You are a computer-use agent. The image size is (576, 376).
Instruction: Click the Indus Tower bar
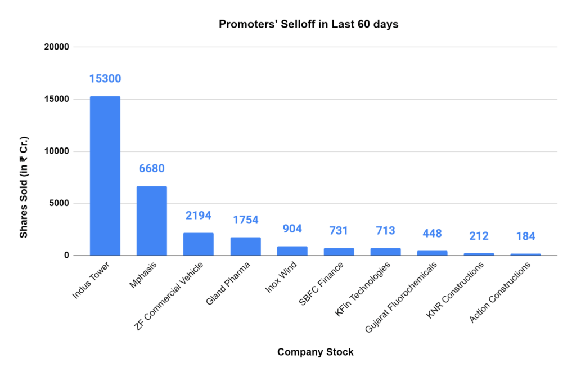[x=105, y=176]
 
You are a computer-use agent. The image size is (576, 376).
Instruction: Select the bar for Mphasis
[x=151, y=221]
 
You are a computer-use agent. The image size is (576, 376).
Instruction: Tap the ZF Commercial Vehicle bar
[x=198, y=244]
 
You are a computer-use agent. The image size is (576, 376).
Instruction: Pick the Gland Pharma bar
[x=245, y=246]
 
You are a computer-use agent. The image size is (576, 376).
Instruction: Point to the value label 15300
[x=105, y=79]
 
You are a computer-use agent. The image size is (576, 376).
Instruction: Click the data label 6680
[x=151, y=169]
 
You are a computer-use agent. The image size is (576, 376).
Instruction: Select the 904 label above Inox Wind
[x=292, y=229]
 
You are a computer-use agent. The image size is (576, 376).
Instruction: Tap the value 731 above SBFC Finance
[x=339, y=231]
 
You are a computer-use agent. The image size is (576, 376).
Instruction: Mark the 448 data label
[x=432, y=234]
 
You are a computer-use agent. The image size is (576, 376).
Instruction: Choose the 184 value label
[x=525, y=236]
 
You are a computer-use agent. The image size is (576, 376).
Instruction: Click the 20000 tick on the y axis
[x=56, y=47]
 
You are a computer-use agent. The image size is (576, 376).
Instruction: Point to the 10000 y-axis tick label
[x=56, y=151]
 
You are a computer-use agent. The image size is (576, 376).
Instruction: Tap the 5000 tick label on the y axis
[x=58, y=203]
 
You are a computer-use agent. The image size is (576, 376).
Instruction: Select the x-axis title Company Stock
[x=315, y=352]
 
